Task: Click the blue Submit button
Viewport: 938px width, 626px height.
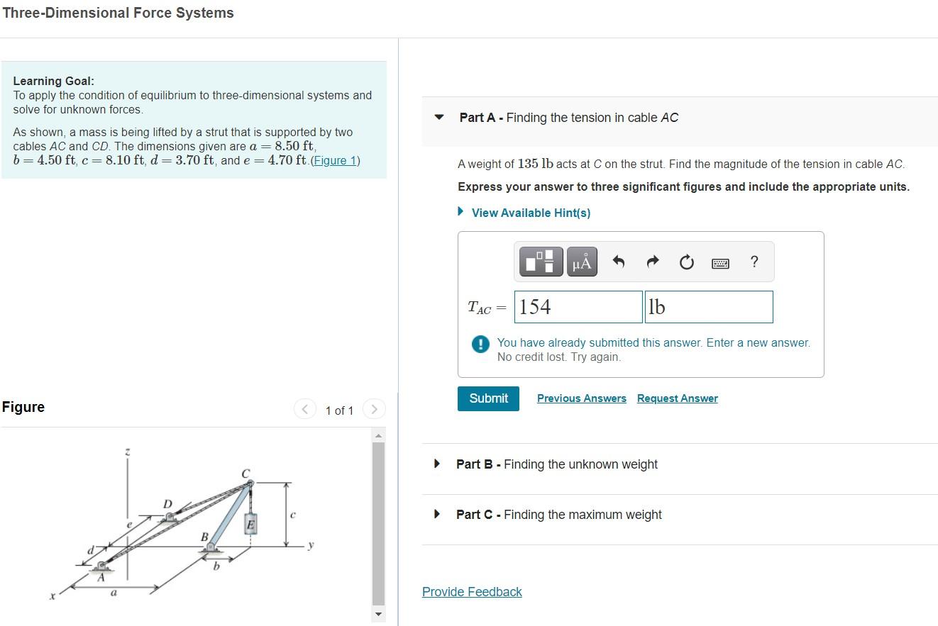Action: [x=488, y=398]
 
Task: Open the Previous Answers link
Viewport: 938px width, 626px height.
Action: [x=581, y=398]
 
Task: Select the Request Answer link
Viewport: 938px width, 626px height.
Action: [x=677, y=398]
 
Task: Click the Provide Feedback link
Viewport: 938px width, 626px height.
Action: [x=472, y=592]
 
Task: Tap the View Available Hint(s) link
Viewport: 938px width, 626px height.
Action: [x=530, y=213]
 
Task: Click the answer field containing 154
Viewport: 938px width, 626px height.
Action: [x=578, y=307]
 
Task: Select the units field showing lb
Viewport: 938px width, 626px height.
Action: [x=708, y=307]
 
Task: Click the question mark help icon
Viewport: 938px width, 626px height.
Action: [x=754, y=262]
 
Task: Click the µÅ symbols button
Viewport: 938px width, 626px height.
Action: [x=581, y=262]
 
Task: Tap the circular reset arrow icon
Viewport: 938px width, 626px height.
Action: [x=686, y=263]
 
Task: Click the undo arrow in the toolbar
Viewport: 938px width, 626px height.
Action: [x=619, y=262]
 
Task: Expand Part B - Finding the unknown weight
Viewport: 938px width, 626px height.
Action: [x=556, y=464]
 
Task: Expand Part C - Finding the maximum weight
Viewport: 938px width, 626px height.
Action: [x=558, y=515]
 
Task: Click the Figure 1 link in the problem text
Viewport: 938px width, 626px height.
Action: [x=335, y=160]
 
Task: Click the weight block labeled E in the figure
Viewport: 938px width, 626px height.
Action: [x=250, y=524]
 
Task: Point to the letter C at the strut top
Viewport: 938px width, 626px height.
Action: [x=245, y=473]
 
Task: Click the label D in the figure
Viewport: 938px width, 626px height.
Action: [x=167, y=503]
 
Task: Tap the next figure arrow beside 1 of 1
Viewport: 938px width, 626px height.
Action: [x=374, y=409]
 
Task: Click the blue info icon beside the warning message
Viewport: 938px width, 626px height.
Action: [x=480, y=345]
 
